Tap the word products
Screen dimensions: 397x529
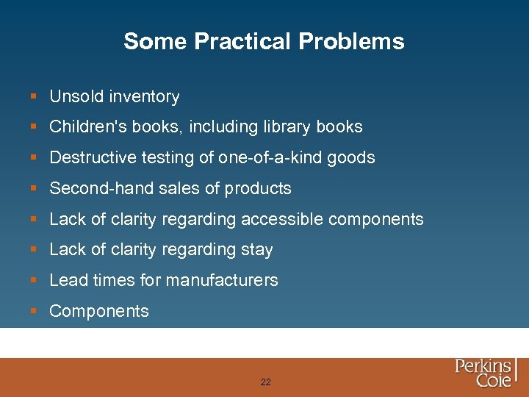(x=258, y=189)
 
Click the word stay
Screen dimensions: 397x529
(x=257, y=250)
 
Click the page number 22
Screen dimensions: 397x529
(x=265, y=382)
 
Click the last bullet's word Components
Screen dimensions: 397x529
(x=99, y=311)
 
